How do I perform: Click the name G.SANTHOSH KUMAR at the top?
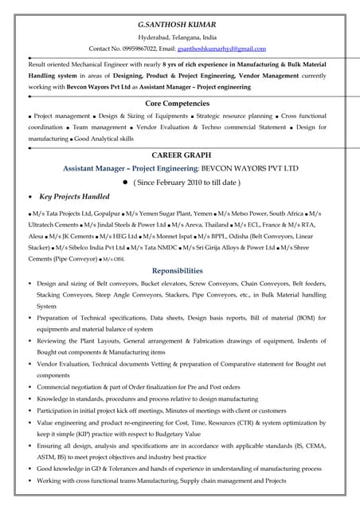point(179,25)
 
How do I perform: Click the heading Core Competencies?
point(179,103)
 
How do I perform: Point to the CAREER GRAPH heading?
point(180,155)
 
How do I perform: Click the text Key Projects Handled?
point(75,196)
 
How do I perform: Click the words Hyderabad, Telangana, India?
point(177,37)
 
